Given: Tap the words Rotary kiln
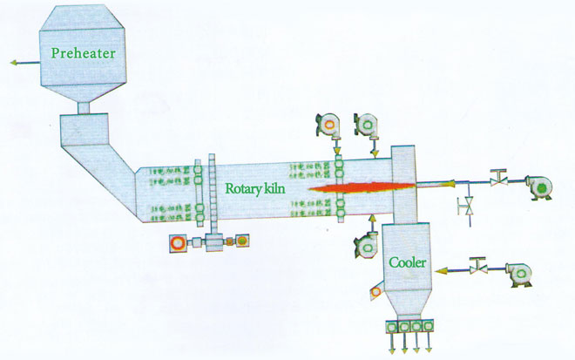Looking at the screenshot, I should pyautogui.click(x=255, y=187).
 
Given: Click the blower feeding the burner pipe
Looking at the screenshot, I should pyautogui.click(x=538, y=186).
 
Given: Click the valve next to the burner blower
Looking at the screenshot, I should pyautogui.click(x=498, y=180).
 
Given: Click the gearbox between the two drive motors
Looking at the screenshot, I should pyautogui.click(x=212, y=241).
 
